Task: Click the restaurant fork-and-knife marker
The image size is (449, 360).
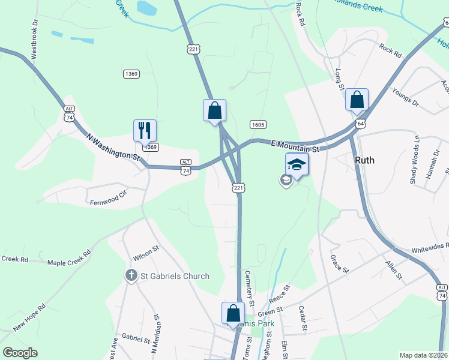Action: pyautogui.click(x=145, y=130)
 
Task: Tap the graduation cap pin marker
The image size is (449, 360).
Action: pyautogui.click(x=297, y=164)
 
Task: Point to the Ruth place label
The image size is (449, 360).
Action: pyautogui.click(x=365, y=160)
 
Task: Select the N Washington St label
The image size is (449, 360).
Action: pyautogui.click(x=113, y=146)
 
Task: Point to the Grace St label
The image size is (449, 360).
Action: pyautogui.click(x=339, y=263)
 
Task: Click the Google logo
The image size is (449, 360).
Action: pyautogui.click(x=20, y=352)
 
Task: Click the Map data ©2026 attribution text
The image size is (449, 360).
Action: pyautogui.click(x=423, y=355)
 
